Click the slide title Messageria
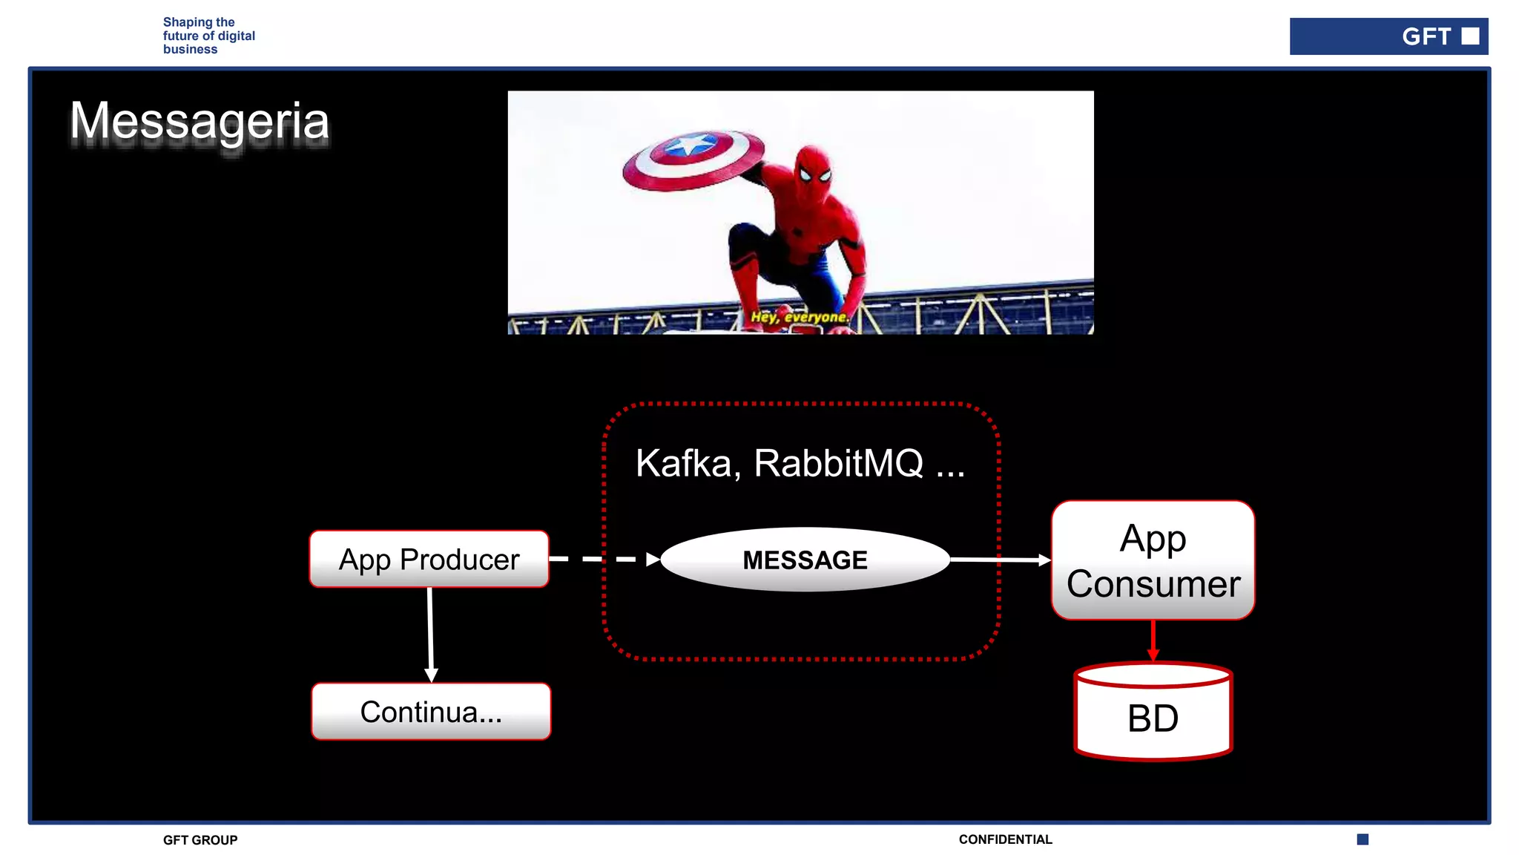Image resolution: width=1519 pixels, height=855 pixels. coord(200,121)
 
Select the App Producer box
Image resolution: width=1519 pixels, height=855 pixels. coord(429,559)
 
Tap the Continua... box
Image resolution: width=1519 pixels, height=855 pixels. coord(431,711)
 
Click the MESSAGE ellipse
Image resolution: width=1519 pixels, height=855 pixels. coord(805,560)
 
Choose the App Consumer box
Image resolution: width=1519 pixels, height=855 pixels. coord(1153,560)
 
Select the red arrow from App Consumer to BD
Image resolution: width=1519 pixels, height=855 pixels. coord(1153,640)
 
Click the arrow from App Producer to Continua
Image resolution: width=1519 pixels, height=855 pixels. coord(430,635)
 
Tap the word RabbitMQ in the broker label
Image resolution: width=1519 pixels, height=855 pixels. coord(839,463)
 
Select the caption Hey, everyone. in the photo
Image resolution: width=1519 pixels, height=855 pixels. coord(799,317)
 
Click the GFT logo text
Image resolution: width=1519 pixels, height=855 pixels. coord(1426,36)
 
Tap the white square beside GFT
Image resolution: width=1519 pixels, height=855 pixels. coord(1470,36)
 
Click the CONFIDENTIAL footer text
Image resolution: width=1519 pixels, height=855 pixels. coord(1005,839)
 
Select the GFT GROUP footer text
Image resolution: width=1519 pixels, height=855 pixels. coord(200,840)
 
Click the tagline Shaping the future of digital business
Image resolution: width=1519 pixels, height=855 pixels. coord(208,36)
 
